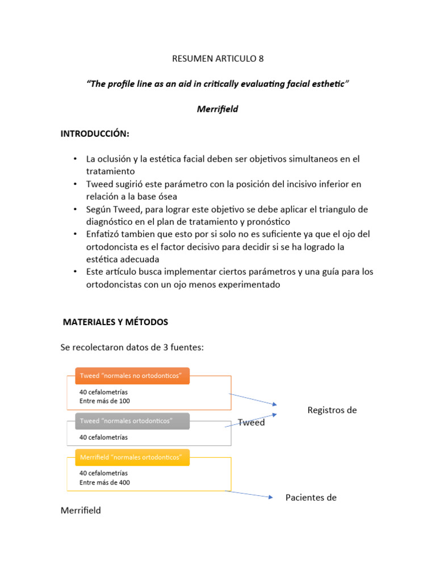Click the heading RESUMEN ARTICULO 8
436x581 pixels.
pos(217,58)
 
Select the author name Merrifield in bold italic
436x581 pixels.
pos(217,109)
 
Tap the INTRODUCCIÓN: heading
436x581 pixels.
pos(95,133)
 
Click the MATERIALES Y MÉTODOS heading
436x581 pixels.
pos(115,322)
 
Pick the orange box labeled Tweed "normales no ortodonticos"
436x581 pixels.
pos(132,376)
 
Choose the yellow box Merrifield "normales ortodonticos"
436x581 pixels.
pos(132,457)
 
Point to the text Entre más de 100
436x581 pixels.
pos(104,401)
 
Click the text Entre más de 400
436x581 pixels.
pos(104,482)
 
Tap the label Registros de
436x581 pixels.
pos(332,410)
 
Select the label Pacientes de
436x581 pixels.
pos(311,498)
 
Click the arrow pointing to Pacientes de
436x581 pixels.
pos(250,494)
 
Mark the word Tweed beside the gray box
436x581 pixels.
pos(251,423)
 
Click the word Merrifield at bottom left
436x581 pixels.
pos(81,510)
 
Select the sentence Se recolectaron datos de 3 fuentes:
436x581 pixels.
pos(132,347)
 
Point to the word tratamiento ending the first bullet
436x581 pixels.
pos(110,171)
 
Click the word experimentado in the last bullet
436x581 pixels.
pos(245,284)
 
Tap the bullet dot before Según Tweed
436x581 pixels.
pos(74,209)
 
